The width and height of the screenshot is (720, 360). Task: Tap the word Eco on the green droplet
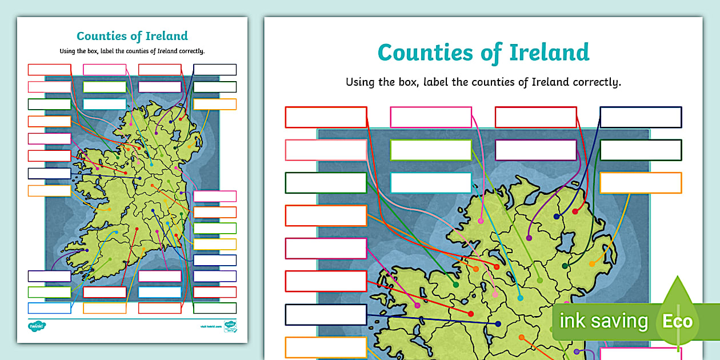click(677, 321)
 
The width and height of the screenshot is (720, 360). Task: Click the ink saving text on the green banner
click(603, 321)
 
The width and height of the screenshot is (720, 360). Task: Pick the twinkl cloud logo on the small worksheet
click(37, 326)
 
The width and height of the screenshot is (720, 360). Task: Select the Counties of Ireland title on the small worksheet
click(132, 37)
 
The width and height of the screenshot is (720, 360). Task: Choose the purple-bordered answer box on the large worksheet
click(535, 150)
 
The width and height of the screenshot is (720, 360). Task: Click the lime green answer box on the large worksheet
click(431, 150)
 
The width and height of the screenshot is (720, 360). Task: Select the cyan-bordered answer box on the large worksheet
click(431, 183)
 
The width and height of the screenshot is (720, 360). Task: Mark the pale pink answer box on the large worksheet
click(326, 150)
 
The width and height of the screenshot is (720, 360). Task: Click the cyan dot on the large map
click(520, 298)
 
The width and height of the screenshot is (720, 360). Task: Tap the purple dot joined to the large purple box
click(529, 238)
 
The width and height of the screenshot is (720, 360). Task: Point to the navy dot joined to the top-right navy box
click(557, 217)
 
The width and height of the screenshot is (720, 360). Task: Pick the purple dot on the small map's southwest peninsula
click(86, 250)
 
